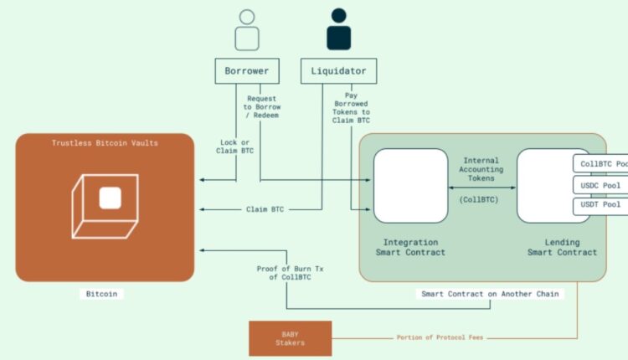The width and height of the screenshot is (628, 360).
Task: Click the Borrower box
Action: (246, 71)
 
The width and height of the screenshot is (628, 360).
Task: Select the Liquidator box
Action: (338, 71)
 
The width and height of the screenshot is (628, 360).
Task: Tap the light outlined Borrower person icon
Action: (246, 30)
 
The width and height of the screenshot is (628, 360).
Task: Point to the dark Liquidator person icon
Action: (338, 30)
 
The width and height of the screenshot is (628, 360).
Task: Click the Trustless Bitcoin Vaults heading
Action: (105, 143)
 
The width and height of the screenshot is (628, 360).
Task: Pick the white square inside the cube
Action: (111, 198)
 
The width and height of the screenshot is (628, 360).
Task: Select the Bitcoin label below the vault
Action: (105, 294)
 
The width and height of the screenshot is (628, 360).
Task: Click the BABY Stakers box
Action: (290, 337)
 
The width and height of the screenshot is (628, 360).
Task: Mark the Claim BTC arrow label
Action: (270, 208)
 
